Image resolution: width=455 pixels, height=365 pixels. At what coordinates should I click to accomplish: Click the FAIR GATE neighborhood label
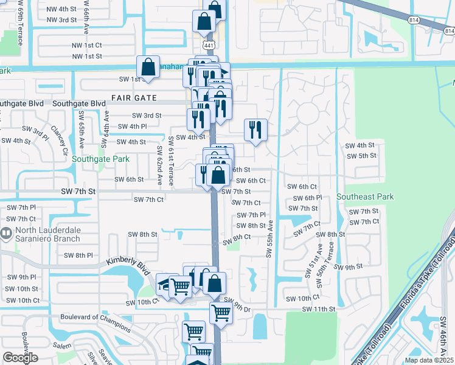[134, 98]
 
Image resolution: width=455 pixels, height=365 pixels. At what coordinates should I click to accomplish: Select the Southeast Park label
[365, 196]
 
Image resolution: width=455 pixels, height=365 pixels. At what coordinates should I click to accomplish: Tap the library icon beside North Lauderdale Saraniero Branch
[6, 232]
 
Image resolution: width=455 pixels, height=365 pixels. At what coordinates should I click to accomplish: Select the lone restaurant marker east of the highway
[255, 130]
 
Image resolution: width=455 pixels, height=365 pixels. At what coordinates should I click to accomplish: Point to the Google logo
[21, 358]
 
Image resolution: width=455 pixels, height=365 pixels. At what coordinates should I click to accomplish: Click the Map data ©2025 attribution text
[428, 360]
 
